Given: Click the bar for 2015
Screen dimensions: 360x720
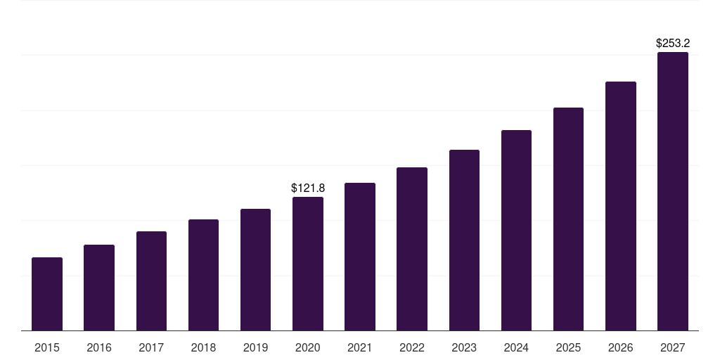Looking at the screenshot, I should (47, 294).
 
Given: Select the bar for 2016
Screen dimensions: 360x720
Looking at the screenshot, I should (99, 288).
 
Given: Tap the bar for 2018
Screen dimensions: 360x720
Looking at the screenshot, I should (203, 275).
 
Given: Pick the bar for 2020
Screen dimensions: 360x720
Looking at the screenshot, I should (308, 264).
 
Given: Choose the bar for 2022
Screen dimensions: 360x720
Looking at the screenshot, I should (412, 249).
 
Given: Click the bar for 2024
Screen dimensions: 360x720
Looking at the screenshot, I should (516, 231).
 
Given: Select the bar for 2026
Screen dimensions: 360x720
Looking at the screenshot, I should (620, 206).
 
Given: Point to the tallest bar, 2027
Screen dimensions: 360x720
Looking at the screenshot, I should (672, 191).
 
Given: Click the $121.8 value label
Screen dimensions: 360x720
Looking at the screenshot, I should (308, 188).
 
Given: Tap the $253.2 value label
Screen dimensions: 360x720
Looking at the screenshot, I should (672, 44).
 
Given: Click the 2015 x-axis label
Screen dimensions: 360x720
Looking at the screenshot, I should (47, 347).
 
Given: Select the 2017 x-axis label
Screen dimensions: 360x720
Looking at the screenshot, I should (151, 347).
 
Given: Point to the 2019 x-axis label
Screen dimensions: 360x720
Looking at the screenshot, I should (255, 347).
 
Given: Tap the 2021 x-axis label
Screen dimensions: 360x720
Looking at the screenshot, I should (360, 347).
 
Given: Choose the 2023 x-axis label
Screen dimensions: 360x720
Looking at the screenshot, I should (464, 347).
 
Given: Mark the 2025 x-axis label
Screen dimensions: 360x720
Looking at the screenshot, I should (568, 347).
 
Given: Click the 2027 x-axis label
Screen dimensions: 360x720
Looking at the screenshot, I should (672, 347).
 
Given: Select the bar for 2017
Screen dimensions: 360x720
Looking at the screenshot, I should (151, 281).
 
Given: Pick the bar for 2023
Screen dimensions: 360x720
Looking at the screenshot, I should (464, 240).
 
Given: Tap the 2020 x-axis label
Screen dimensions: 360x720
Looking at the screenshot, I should (308, 347).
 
